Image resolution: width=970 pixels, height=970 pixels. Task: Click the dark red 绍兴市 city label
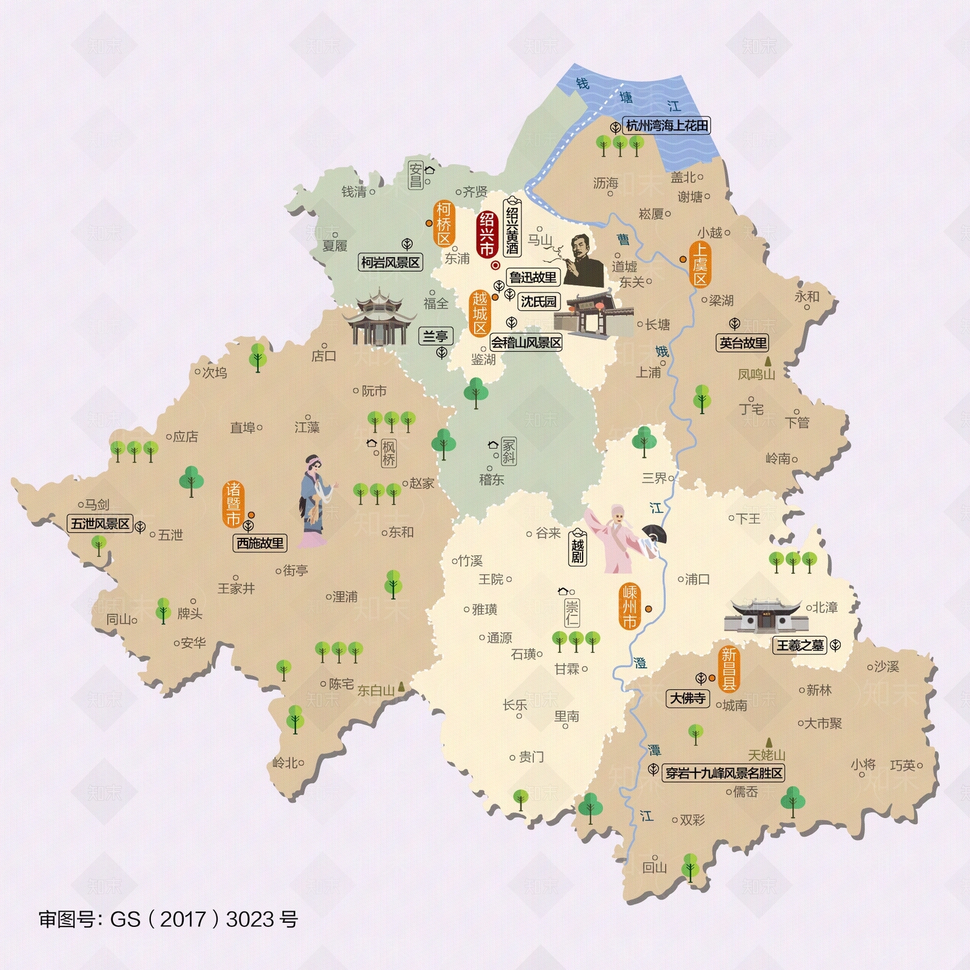[487, 235]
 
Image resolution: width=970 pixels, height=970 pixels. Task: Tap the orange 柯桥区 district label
[444, 224]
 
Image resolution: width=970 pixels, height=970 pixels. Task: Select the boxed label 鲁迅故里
[532, 278]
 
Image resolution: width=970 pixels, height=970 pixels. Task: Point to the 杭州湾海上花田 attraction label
[667, 125]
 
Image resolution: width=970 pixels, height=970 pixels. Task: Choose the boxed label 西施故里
[260, 543]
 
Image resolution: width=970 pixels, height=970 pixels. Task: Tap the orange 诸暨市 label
[233, 504]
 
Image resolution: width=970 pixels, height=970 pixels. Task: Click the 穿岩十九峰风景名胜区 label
[724, 773]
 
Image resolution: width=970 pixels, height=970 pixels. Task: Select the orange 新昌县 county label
[729, 669]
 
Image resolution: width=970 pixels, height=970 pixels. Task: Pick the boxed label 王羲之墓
[800, 645]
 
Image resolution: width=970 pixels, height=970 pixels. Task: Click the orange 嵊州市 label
[630, 606]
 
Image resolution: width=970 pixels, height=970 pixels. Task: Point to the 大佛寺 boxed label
[687, 698]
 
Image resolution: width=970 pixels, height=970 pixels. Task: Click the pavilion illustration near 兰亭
[379, 318]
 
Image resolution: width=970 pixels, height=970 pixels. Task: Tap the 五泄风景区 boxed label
[100, 524]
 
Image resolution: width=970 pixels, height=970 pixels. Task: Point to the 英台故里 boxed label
[743, 343]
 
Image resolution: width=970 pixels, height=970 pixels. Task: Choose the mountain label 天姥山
[766, 755]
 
